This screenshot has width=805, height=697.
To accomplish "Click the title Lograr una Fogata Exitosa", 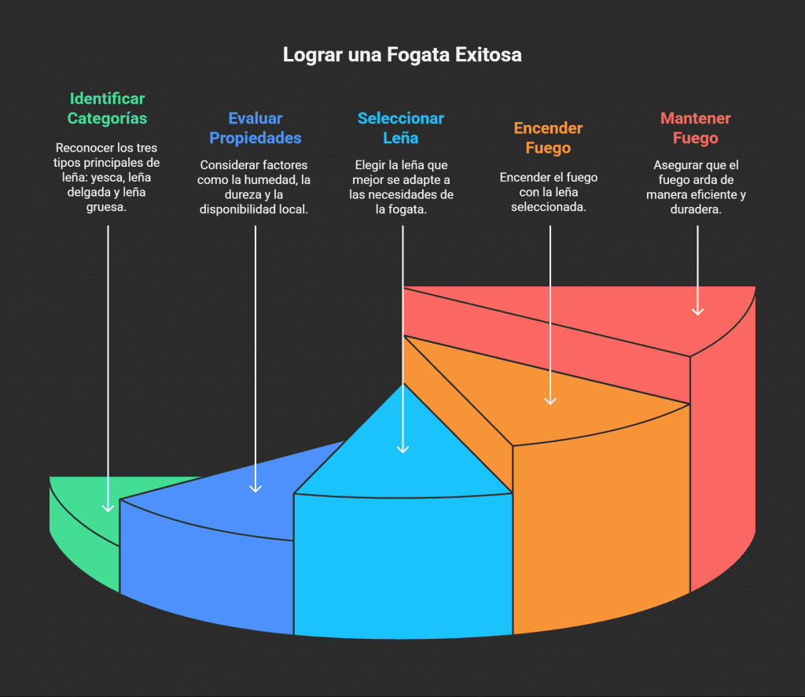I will point(402,55).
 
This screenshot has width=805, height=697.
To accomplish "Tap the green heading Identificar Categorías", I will point(107,109).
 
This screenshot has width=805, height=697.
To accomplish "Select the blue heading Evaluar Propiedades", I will point(255,128).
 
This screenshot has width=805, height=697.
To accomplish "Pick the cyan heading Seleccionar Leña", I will point(400,128).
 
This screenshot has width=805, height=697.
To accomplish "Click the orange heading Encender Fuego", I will point(548,138).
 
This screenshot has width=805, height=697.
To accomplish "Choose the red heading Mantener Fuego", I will point(695,128).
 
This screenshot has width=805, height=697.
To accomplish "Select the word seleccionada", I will point(549,207).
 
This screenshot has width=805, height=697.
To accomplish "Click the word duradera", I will point(695,210).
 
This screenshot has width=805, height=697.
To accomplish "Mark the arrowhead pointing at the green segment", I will point(108,507).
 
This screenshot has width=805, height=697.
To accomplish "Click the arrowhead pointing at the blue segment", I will point(255,488).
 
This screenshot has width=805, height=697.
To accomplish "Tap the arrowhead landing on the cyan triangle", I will point(402,448).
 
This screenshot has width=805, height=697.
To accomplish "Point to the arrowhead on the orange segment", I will point(550,400).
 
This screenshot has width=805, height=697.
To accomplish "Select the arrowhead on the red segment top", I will point(697,311).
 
